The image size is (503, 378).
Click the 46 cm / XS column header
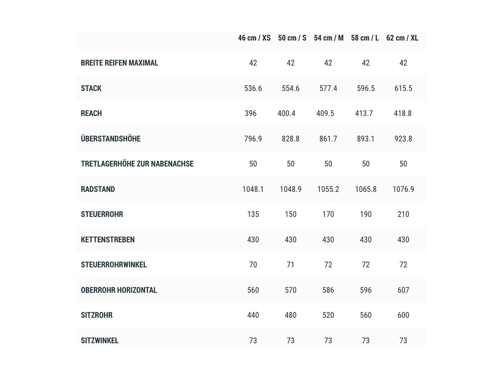(x=254, y=38)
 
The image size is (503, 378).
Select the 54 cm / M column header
(x=329, y=38)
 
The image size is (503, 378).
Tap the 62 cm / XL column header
(x=402, y=38)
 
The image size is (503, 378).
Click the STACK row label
(x=91, y=88)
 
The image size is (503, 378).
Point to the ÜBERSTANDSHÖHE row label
(x=111, y=139)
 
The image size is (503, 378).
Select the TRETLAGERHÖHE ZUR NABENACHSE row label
(x=137, y=164)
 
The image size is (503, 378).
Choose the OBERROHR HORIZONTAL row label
(x=119, y=290)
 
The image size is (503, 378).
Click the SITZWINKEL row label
(x=100, y=341)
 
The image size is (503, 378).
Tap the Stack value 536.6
(x=253, y=88)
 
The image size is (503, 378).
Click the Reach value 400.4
(x=286, y=113)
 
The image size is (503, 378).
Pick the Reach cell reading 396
(x=251, y=113)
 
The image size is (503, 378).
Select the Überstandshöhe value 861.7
(x=328, y=139)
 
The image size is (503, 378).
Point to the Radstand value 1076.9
(x=403, y=189)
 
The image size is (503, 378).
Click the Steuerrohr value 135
(x=253, y=214)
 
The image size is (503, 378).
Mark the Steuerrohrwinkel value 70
(x=253, y=265)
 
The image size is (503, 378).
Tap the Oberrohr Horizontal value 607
(x=403, y=290)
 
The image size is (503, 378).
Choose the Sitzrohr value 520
(x=328, y=315)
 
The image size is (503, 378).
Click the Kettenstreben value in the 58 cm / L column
(x=366, y=240)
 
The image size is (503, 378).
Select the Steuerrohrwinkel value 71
(x=290, y=265)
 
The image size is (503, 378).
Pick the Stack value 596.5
(x=366, y=88)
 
